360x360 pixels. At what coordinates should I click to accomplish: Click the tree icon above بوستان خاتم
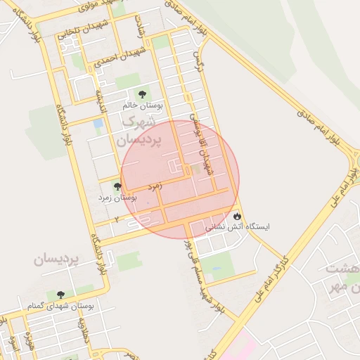point(142,94)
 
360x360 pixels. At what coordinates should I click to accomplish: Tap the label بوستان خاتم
point(143,105)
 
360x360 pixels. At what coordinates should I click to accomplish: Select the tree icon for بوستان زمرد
point(117,187)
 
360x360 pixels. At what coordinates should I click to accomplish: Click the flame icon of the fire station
point(238,216)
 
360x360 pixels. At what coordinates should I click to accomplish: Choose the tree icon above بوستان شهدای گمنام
point(60,295)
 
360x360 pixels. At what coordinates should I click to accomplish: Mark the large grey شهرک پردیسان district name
point(141,131)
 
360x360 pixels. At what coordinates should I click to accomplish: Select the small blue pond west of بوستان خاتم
point(98,124)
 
